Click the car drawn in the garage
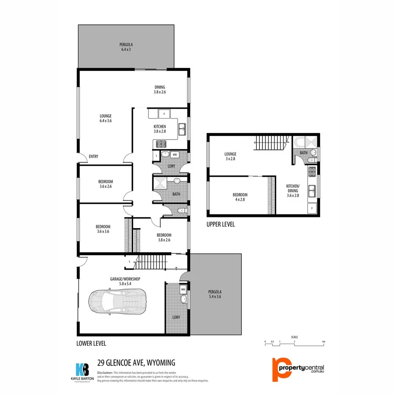[117, 302]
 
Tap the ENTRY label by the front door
[93, 156]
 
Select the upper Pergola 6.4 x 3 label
[126, 46]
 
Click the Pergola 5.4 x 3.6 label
[214, 294]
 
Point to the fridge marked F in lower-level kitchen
[164, 114]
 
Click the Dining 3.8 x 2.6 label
[160, 90]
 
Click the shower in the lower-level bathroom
[160, 184]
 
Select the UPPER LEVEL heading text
[220, 225]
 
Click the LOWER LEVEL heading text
[91, 343]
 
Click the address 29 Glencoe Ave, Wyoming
[136, 362]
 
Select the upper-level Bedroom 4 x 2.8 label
[239, 197]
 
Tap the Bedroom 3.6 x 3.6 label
[103, 229]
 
